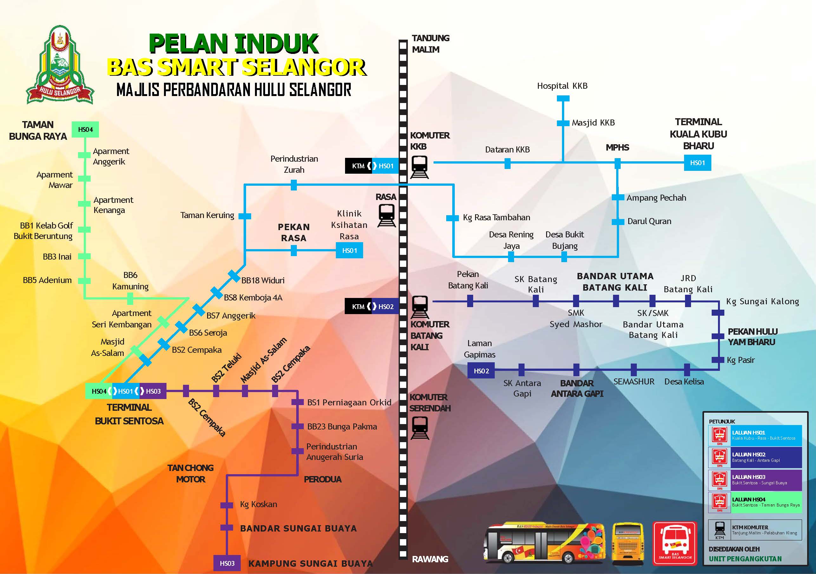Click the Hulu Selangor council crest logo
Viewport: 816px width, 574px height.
click(60, 65)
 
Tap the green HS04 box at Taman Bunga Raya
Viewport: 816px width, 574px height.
click(85, 130)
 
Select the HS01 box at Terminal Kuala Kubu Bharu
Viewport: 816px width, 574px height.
click(697, 163)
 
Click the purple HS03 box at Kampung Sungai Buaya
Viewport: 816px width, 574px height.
click(227, 563)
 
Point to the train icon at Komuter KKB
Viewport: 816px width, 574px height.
click(419, 167)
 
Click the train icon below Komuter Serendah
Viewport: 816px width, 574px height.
click(420, 428)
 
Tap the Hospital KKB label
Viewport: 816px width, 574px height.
click(562, 86)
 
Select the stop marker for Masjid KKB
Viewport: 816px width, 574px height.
click(563, 123)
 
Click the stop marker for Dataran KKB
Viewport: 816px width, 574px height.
click(507, 164)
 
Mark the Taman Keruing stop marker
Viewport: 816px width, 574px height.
click(245, 216)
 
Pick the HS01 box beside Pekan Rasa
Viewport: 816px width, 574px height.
click(349, 250)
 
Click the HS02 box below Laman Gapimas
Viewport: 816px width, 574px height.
click(481, 371)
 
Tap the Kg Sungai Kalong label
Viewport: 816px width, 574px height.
click(762, 301)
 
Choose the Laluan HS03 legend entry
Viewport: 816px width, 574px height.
click(755, 480)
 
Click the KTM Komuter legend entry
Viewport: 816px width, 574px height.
click(755, 530)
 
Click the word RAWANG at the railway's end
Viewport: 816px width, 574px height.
click(430, 559)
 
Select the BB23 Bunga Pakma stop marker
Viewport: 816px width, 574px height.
click(297, 427)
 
